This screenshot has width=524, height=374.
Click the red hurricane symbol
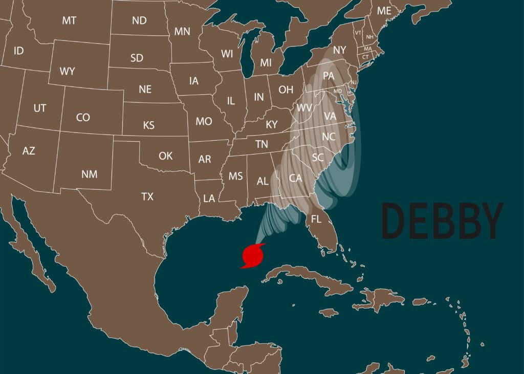pyautogui.click(x=253, y=255)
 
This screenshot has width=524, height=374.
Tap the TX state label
pyautogui.click(x=147, y=196)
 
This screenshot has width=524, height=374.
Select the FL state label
pyautogui.click(x=316, y=219)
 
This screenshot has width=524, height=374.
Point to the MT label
pyautogui.click(x=69, y=20)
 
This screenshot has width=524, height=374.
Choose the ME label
pyautogui.click(x=384, y=11)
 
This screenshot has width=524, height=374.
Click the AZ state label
pyautogui.click(x=29, y=151)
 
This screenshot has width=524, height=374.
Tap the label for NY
pyautogui.click(x=339, y=50)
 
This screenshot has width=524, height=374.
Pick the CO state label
pyautogui.click(x=83, y=118)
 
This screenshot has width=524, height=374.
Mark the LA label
pyautogui.click(x=209, y=199)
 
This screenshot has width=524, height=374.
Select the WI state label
pyautogui.click(x=227, y=53)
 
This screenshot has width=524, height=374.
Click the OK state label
pyautogui.click(x=165, y=156)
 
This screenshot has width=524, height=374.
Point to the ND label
pyautogui.click(x=139, y=20)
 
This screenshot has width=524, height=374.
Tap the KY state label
pyautogui.click(x=272, y=124)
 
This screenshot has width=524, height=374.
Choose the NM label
pyautogui.click(x=89, y=174)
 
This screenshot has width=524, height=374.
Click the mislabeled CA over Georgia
pyautogui.click(x=296, y=178)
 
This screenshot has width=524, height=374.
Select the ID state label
pyautogui.click(x=18, y=51)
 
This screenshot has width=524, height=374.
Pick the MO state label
pyautogui.click(x=204, y=122)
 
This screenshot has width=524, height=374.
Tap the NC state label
pyautogui.click(x=328, y=137)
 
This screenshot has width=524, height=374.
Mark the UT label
pyautogui.click(x=39, y=108)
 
